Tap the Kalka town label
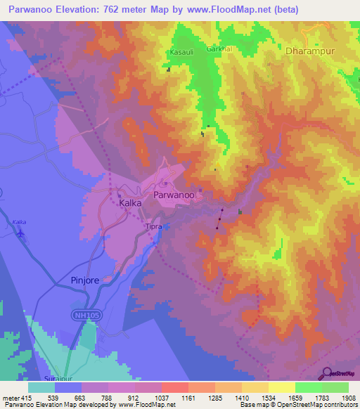[130, 202]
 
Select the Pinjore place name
[88, 280]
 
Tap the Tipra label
[153, 227]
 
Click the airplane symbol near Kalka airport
[21, 233]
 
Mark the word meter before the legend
[10, 398]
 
